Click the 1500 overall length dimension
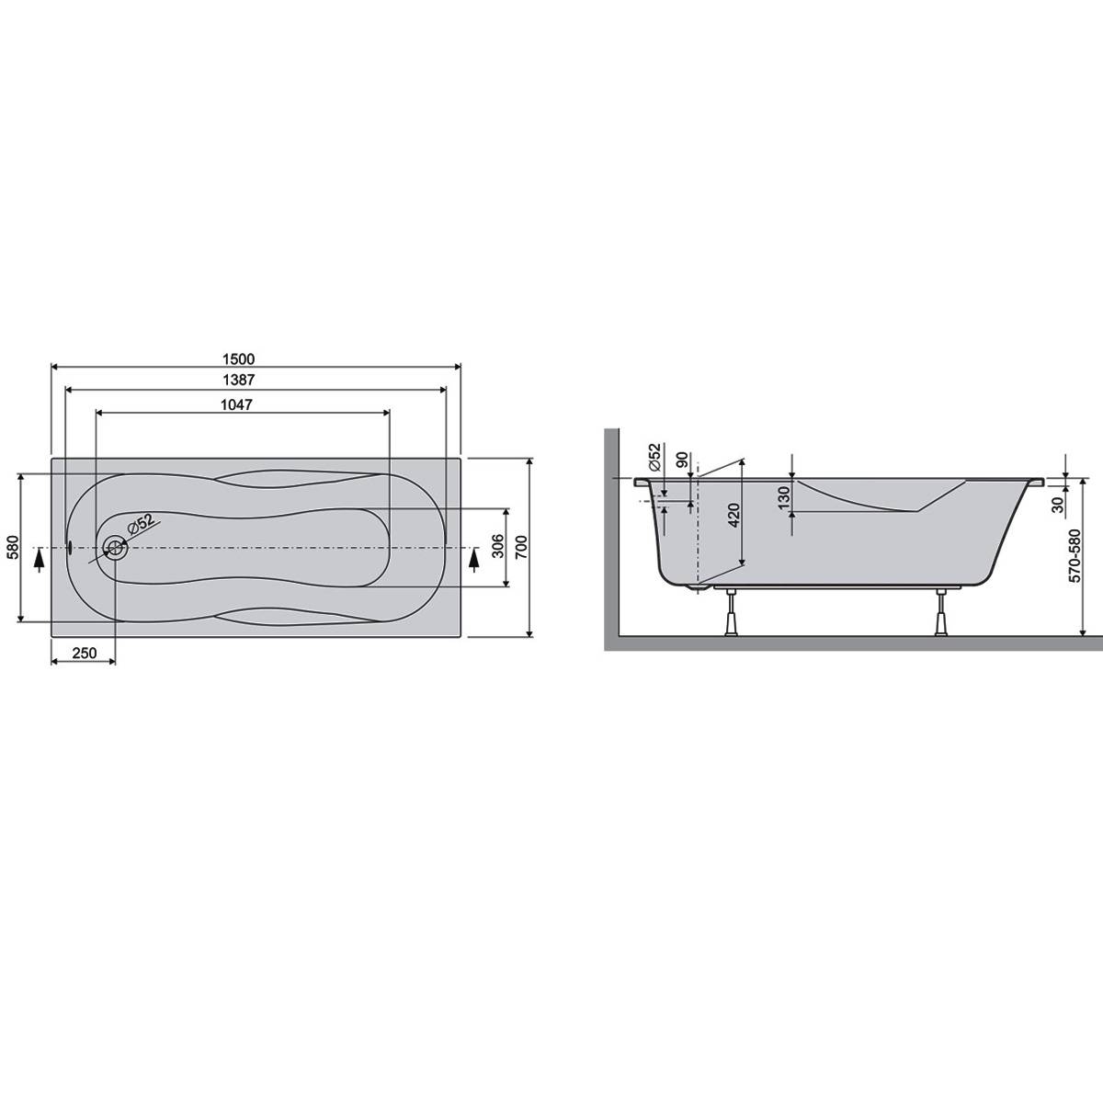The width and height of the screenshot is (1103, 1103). click(x=238, y=358)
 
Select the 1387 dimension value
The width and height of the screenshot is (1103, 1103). click(x=238, y=380)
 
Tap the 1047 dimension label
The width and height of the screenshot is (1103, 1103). click(x=236, y=404)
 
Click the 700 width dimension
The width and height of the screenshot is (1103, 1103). click(x=521, y=547)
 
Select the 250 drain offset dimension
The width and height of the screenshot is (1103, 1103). click(x=85, y=654)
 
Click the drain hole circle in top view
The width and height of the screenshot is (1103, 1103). click(x=115, y=547)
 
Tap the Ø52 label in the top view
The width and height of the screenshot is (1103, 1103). click(x=141, y=524)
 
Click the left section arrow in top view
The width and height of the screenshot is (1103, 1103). click(x=39, y=560)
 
